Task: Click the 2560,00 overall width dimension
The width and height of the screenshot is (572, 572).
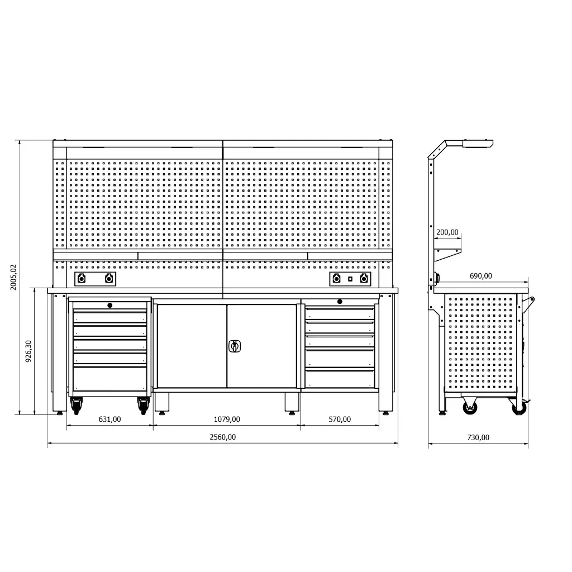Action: point(222,437)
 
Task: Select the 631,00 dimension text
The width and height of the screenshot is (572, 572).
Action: point(110,419)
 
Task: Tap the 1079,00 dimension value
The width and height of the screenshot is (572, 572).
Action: point(227,419)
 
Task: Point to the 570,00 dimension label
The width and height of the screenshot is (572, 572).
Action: point(340,419)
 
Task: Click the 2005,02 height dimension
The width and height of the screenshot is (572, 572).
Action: point(13,277)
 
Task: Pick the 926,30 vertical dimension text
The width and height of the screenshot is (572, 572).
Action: point(28,351)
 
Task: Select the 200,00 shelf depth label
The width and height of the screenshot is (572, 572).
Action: point(447,232)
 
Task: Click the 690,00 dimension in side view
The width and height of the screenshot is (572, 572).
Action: point(481,276)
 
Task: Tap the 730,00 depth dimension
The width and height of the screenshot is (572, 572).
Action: point(478,437)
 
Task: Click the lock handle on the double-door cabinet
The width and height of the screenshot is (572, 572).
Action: point(235,346)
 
